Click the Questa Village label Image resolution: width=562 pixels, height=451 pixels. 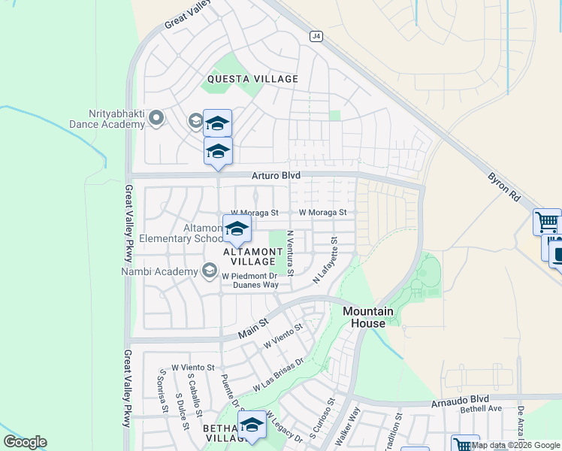253,79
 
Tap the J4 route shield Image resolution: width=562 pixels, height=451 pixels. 316,35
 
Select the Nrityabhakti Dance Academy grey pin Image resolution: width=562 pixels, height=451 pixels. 156,117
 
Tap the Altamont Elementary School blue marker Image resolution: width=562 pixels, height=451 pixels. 237,229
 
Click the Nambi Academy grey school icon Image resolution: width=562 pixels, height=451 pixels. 210,271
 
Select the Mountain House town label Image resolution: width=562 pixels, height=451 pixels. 368,317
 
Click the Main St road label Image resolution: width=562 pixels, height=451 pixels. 253,328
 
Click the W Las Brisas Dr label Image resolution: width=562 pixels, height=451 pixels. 277,374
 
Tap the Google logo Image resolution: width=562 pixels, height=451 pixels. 25,442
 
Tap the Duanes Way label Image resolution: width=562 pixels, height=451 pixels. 255,285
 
